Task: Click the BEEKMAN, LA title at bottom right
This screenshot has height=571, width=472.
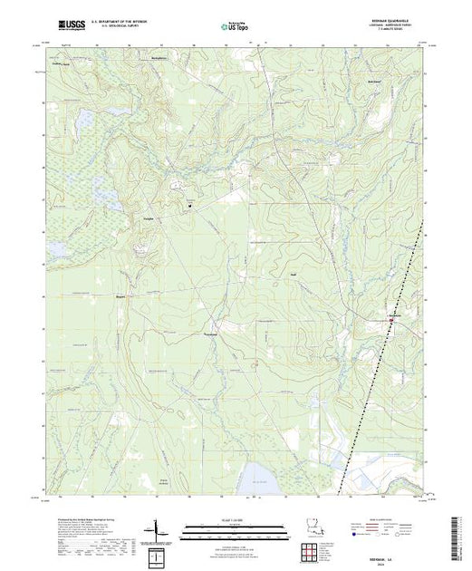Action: (399, 555)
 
